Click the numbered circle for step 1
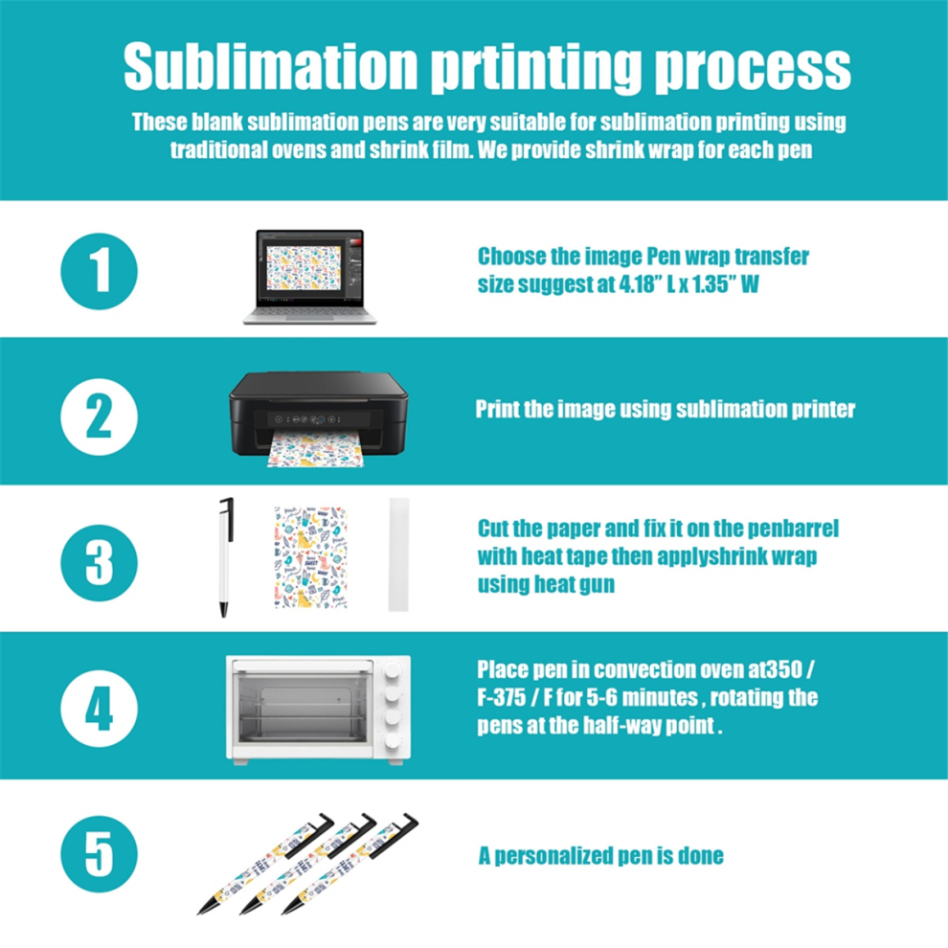(x=100, y=271)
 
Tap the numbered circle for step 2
(x=100, y=418)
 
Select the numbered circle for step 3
(x=100, y=563)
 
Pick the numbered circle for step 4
(x=100, y=709)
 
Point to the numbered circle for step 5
(x=100, y=854)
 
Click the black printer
(x=318, y=413)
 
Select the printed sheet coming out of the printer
(x=316, y=450)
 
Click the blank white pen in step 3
(x=226, y=556)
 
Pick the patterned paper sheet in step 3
(x=311, y=556)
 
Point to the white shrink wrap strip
(x=399, y=554)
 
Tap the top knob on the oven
(x=393, y=671)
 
